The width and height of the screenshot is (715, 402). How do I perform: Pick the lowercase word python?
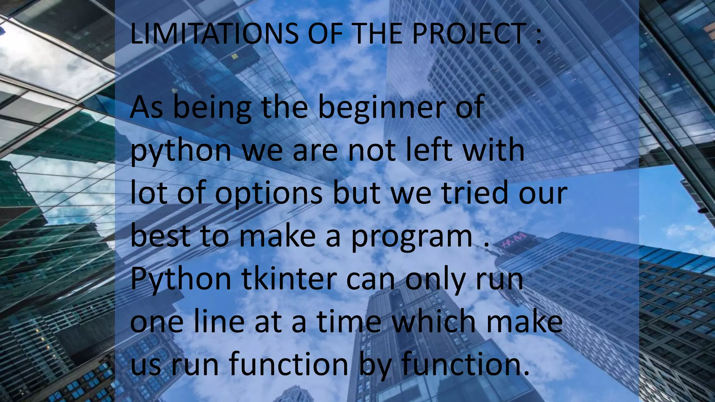pyautogui.click(x=181, y=151)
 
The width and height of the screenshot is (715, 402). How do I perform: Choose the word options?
pyautogui.click(x=268, y=194)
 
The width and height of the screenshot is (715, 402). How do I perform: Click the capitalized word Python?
pyautogui.click(x=181, y=280)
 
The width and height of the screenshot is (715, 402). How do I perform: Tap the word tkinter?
pyautogui.click(x=288, y=279)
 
